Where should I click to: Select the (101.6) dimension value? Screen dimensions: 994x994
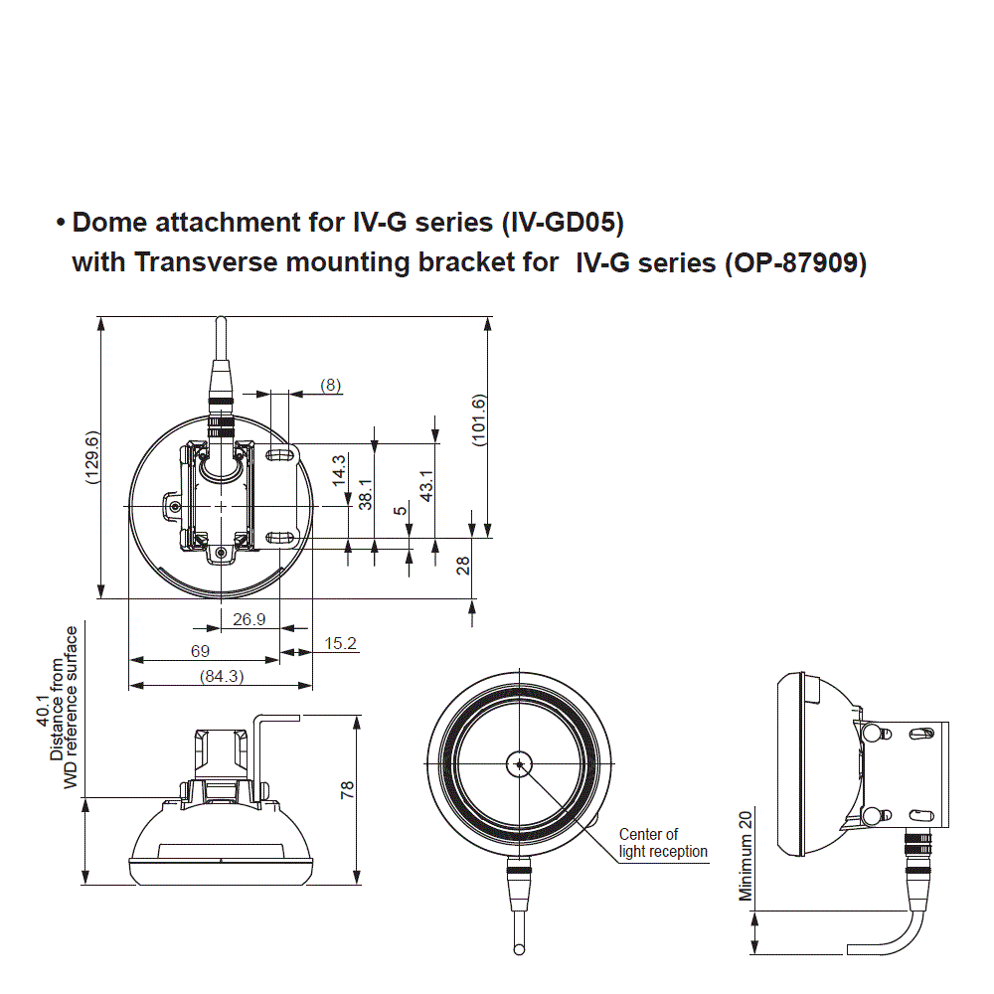(479, 420)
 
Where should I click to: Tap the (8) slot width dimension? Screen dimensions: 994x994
(330, 384)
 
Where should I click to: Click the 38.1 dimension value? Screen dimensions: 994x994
(365, 493)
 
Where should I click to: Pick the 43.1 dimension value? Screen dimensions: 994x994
(426, 486)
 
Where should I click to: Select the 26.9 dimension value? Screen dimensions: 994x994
(248, 619)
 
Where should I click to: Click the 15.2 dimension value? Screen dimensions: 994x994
(340, 644)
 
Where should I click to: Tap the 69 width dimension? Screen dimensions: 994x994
(200, 651)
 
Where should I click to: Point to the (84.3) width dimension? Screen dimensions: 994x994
(221, 677)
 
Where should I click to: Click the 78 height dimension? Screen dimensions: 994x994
(347, 790)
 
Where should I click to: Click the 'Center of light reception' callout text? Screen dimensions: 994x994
(663, 843)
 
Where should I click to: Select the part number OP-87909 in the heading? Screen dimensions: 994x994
(794, 263)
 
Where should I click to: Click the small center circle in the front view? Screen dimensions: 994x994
(518, 763)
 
